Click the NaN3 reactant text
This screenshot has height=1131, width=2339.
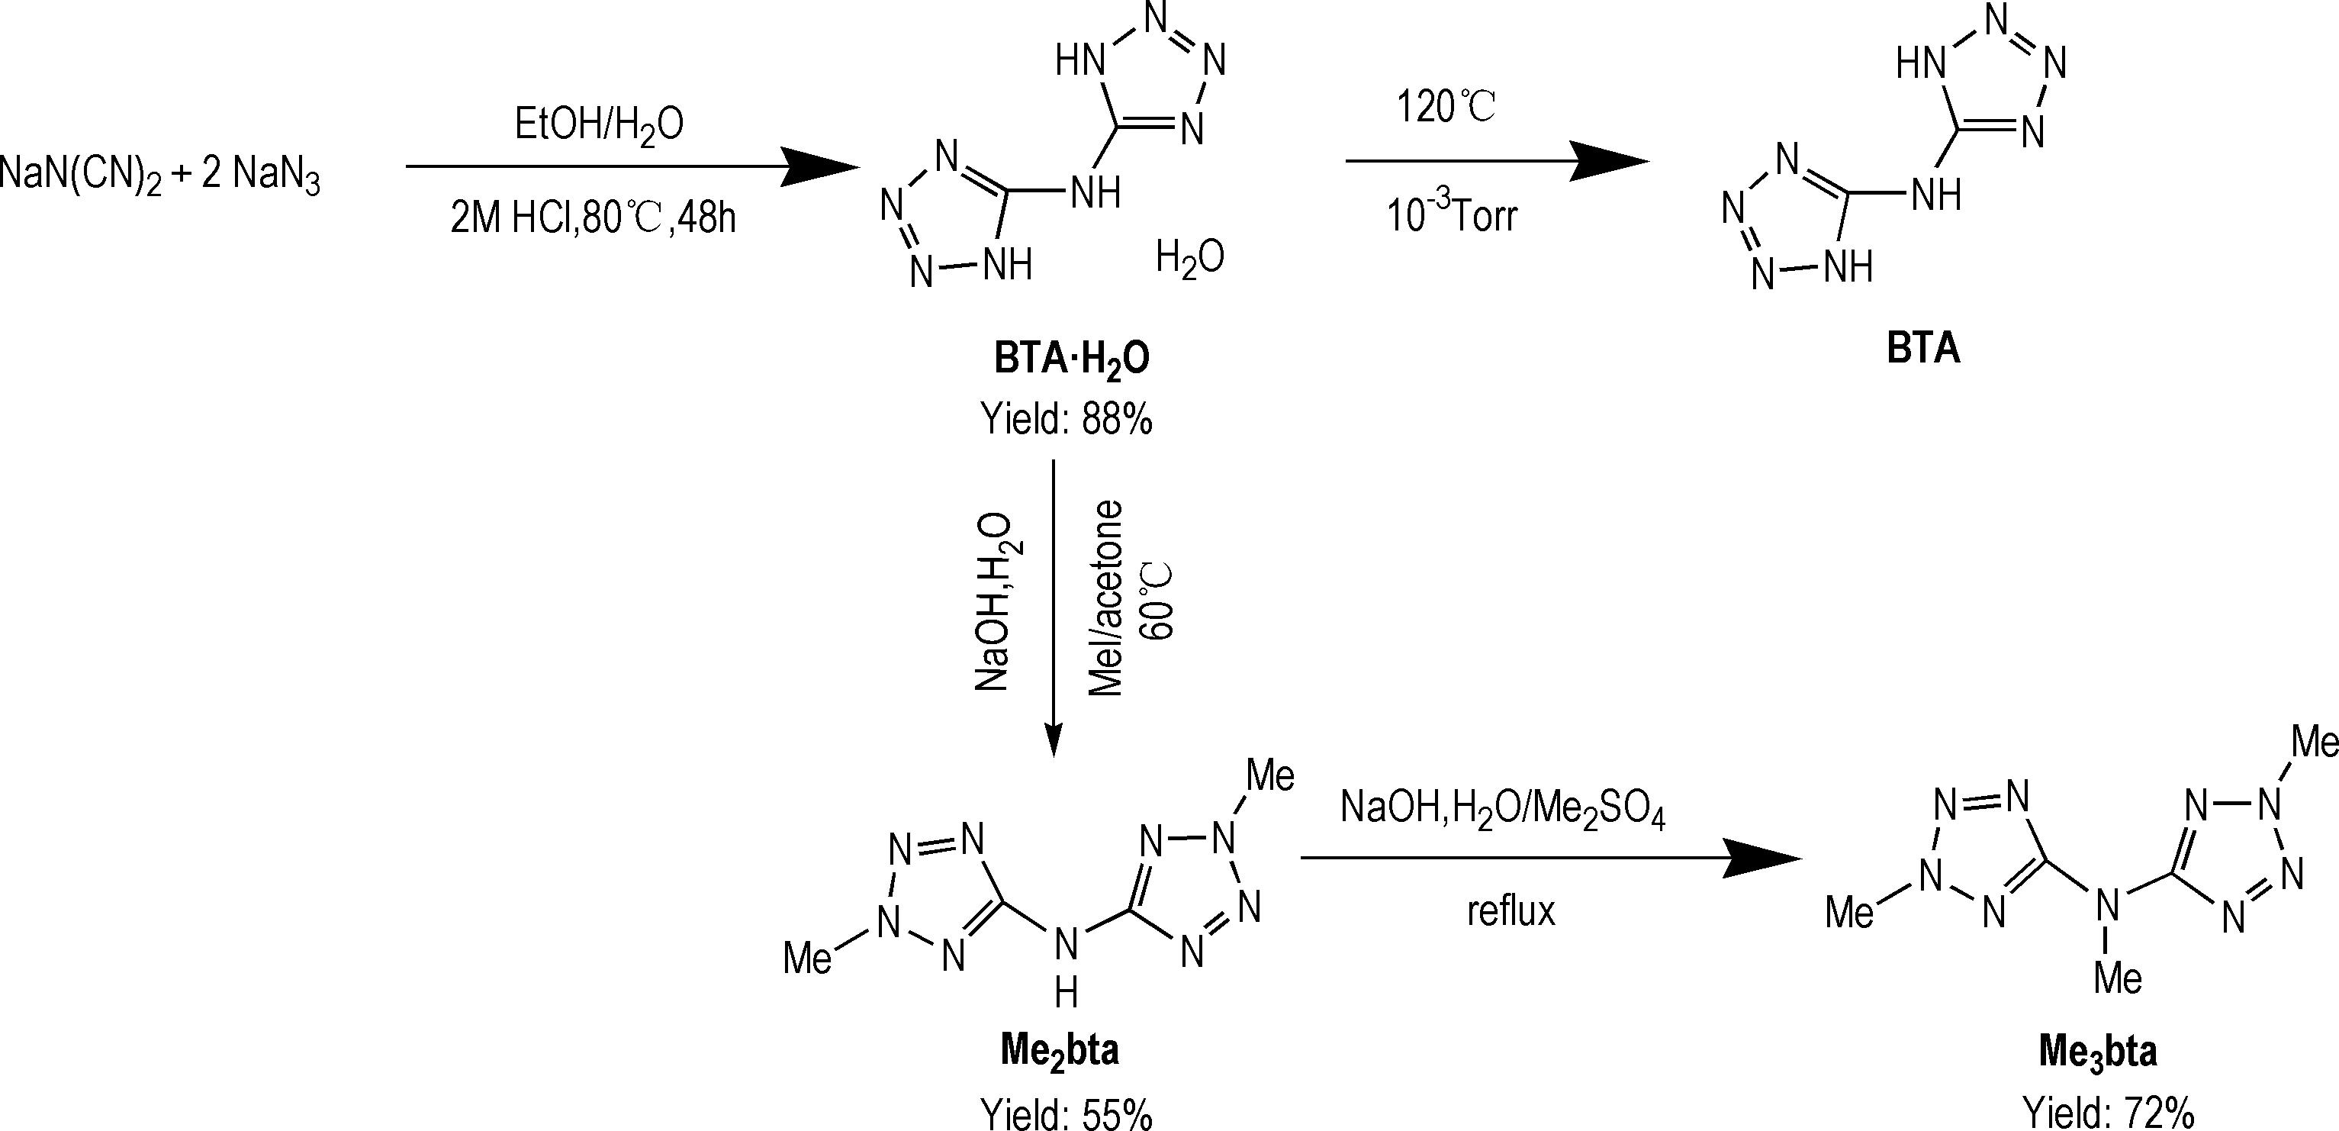click(276, 176)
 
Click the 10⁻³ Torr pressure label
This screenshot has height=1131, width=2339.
click(1451, 216)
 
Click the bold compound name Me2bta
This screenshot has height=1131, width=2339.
click(1059, 1052)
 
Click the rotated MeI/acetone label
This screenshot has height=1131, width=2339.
click(1105, 598)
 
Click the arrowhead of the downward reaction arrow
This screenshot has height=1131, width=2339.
click(1054, 739)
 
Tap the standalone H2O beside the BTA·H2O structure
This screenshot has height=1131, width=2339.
click(1189, 258)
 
